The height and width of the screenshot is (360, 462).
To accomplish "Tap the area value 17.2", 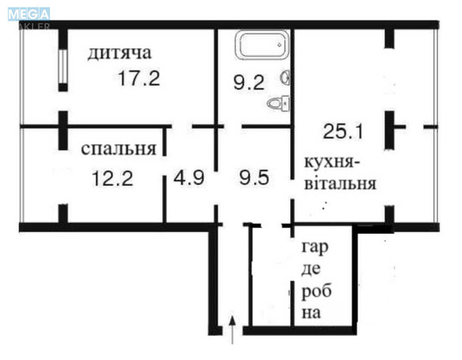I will click(x=139, y=79).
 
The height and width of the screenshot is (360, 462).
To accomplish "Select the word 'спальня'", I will click(x=118, y=148).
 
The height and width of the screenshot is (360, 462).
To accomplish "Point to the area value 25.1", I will click(x=342, y=132).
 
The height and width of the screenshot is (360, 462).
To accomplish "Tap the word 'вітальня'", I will click(x=339, y=183).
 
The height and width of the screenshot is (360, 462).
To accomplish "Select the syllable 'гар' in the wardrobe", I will click(x=314, y=249).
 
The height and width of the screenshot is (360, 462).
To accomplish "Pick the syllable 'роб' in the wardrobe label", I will click(x=314, y=291).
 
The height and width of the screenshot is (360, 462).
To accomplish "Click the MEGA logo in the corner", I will click(x=29, y=14).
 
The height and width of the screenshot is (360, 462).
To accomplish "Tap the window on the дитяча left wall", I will click(x=62, y=67).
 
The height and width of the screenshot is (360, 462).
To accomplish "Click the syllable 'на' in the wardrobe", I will click(x=312, y=313).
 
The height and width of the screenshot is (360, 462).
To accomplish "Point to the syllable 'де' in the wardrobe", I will click(x=312, y=269).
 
